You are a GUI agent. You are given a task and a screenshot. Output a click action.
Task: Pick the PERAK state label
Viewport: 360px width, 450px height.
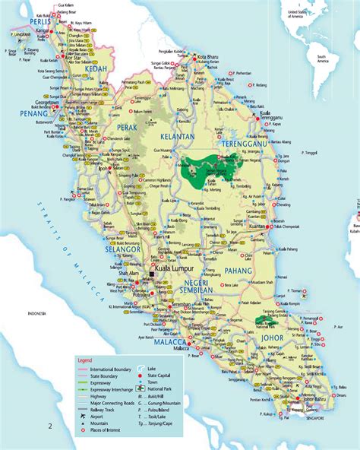(128, 128)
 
